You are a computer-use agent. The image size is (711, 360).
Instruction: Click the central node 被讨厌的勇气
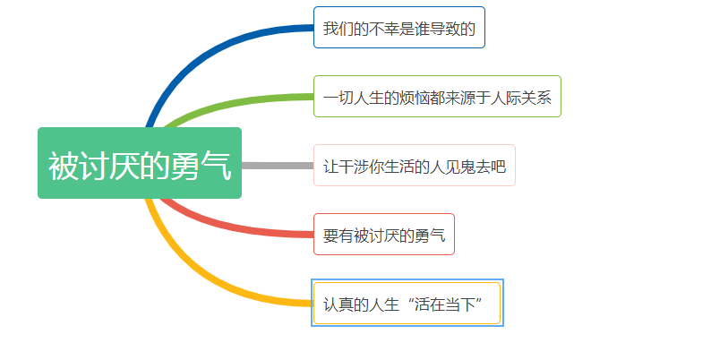tap(140, 163)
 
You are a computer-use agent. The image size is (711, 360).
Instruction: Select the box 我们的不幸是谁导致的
tap(399, 27)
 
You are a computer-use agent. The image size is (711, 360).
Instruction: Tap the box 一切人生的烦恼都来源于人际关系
tap(437, 96)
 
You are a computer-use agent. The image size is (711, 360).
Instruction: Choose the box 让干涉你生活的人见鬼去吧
tap(415, 166)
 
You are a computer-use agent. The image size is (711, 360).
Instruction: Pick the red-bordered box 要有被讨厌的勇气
tap(383, 235)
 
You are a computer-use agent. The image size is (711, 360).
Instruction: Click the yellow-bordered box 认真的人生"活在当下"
tap(407, 304)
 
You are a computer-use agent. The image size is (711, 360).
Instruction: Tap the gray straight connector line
tap(278, 166)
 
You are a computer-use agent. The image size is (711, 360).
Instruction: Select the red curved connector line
tap(231, 227)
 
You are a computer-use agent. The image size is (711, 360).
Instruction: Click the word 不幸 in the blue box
tap(384, 29)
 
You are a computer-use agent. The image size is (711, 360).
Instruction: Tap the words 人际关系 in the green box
tap(521, 98)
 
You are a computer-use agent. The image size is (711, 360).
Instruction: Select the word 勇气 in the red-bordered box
tap(430, 236)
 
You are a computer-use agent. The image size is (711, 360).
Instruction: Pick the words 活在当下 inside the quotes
tap(445, 304)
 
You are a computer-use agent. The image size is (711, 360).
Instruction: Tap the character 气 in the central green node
tap(217, 166)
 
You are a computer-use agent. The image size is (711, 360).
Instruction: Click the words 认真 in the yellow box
tap(338, 304)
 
